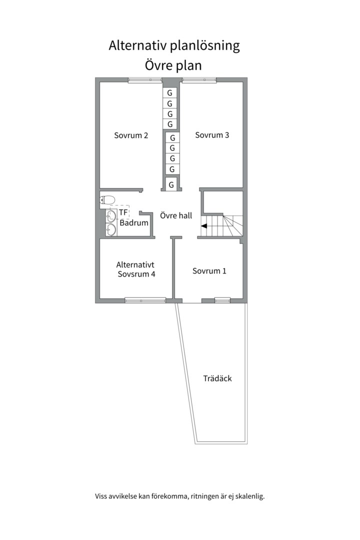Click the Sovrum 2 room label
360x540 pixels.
tap(131, 135)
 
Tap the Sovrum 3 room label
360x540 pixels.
tap(212, 134)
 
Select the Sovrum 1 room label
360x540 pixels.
tap(209, 271)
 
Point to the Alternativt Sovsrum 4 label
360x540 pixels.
tap(136, 269)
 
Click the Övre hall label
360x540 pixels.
tap(176, 216)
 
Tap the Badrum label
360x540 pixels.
tap(134, 223)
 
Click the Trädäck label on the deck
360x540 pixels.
tap(217, 378)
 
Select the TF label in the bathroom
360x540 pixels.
tap(123, 212)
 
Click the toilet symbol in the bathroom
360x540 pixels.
tap(107, 200)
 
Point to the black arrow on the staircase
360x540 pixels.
tap(204, 226)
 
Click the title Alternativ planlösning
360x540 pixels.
tap(174, 46)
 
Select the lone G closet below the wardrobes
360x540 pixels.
tap(171, 185)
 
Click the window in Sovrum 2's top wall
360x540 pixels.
tap(144, 79)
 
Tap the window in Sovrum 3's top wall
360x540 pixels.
tap(199, 79)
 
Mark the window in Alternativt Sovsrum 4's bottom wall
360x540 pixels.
tap(145, 300)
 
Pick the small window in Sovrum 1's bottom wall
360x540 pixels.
tap(222, 300)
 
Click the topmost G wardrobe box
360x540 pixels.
tap(170, 93)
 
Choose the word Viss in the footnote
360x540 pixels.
tap(102, 496)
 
